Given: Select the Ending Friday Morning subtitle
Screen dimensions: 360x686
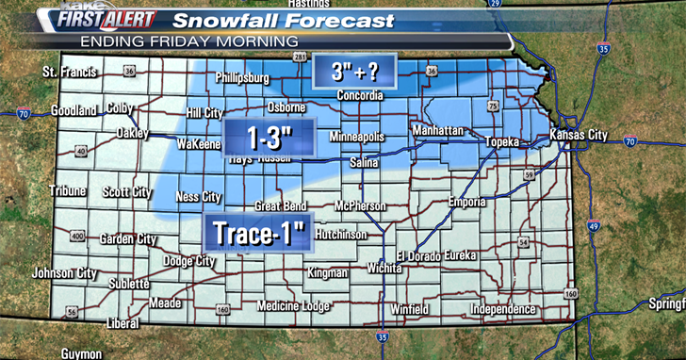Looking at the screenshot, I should click(189, 41).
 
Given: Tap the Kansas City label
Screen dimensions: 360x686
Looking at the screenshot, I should click(580, 136).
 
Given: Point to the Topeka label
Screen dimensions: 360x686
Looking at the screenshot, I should click(502, 141).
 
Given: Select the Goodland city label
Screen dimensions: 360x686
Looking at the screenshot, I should click(73, 110).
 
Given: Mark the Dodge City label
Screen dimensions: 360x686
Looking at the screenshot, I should click(189, 261).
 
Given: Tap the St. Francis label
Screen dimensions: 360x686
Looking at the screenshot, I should click(70, 72).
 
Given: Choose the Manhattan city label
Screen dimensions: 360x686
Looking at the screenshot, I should click(437, 129).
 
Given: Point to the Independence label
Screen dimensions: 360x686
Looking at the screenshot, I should click(503, 309).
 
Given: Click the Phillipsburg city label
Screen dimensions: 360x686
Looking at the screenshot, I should click(242, 77).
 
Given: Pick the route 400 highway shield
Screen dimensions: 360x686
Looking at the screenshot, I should click(77, 236).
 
